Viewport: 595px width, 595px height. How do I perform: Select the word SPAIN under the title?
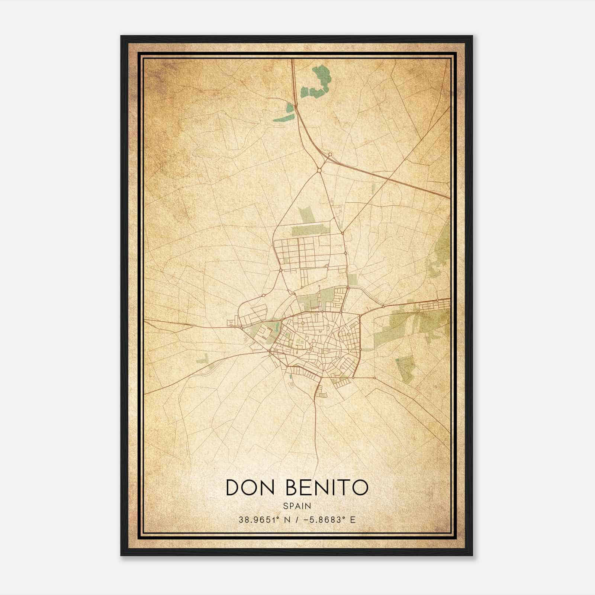pos(297,506)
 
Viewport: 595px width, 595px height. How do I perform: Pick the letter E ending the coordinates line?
pos(353,520)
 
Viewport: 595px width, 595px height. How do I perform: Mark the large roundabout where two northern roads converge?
pos(319,171)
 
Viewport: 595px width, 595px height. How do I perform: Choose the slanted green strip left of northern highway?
pos(284,114)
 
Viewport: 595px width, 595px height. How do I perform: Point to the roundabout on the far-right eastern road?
pos(438,300)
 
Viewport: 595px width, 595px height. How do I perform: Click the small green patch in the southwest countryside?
pos(204,359)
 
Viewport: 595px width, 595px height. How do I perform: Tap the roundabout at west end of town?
pos(241,327)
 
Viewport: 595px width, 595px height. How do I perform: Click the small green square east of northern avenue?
pos(353,279)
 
